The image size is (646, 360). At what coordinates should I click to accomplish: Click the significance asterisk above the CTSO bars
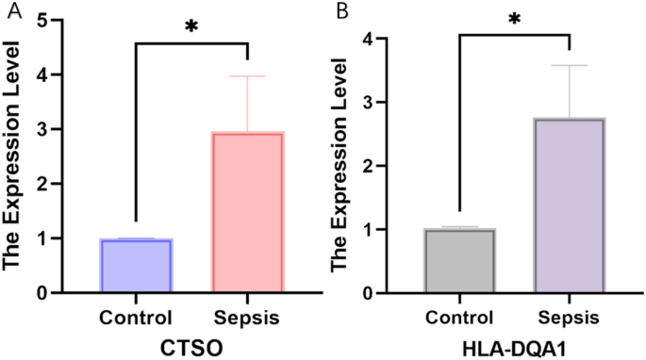(191, 26)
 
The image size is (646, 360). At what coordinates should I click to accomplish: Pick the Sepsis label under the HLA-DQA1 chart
(570, 317)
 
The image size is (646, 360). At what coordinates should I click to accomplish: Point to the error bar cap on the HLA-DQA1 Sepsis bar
(570, 66)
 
